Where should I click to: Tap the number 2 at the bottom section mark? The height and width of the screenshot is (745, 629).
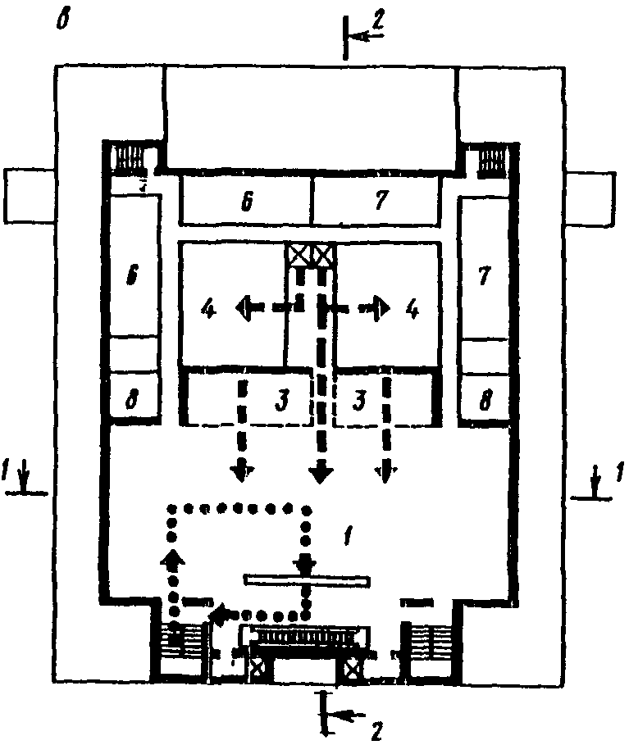[x=375, y=727]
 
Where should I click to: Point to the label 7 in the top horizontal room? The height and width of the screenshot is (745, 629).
[x=381, y=202]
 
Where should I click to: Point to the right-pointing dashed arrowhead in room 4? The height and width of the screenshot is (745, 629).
[x=383, y=308]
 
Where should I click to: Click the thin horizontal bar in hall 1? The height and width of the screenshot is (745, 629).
[x=305, y=580]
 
